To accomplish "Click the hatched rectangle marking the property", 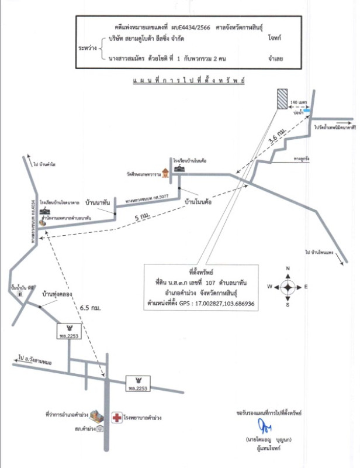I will (282, 98).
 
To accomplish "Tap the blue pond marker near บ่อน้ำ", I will (307, 109).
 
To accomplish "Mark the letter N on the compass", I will (288, 269).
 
